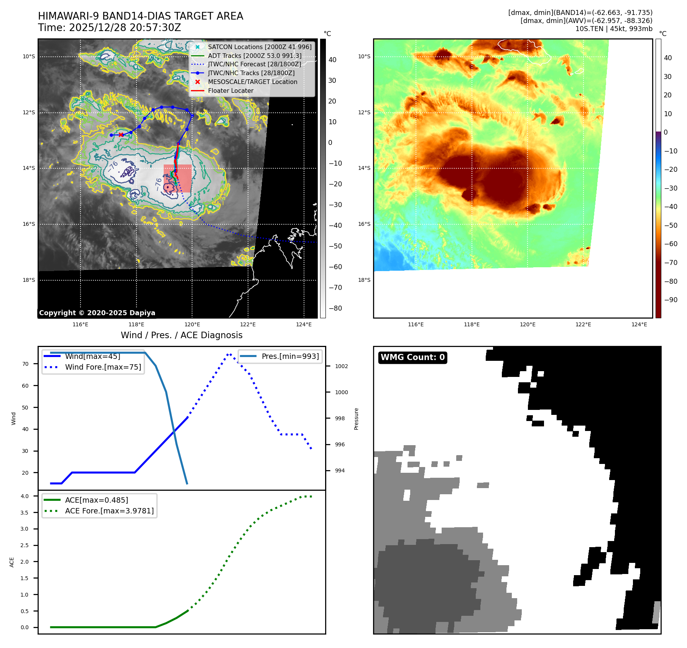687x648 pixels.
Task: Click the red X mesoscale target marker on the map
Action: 121,135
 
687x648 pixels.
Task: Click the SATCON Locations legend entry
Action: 260,47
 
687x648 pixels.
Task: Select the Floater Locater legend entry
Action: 230,90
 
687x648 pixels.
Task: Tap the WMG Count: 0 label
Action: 413,357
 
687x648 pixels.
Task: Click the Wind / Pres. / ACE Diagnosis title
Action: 181,335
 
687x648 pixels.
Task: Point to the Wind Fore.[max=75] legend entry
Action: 103,367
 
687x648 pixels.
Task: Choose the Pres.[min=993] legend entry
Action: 290,356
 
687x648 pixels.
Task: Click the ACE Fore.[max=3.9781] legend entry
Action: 109,511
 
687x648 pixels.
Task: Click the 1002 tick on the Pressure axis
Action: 341,366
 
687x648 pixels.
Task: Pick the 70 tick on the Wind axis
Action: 25,364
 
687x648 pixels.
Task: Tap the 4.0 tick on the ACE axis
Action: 25,496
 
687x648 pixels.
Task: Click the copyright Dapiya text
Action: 97,313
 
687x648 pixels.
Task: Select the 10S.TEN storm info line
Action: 613,29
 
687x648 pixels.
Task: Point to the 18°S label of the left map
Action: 29,280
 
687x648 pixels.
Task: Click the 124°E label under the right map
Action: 639,324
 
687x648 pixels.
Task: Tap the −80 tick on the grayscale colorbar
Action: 335,308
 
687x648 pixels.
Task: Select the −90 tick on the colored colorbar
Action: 671,300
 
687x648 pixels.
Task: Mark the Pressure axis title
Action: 357,419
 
